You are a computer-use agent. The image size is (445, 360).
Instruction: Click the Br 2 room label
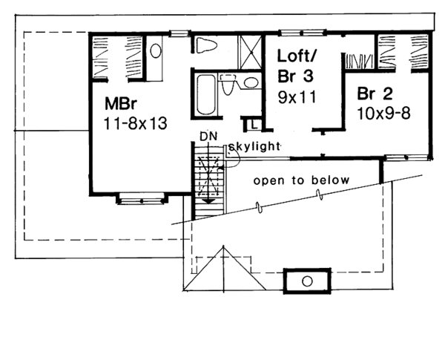tap(374, 94)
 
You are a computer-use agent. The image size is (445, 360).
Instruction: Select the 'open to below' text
tap(292, 180)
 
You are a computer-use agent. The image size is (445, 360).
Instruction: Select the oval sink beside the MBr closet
tap(156, 51)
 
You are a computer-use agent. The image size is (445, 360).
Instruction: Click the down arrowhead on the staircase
tap(209, 198)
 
